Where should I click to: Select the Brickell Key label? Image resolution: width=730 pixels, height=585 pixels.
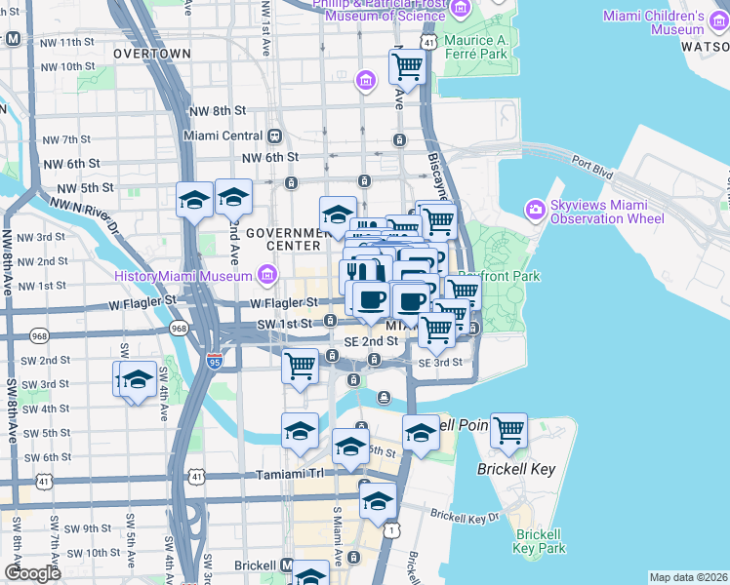point(516,469)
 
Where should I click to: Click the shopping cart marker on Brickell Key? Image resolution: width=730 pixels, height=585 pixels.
point(509,430)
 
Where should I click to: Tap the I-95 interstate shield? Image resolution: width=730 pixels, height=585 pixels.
point(215,360)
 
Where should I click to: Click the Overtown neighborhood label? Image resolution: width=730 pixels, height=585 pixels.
point(152,54)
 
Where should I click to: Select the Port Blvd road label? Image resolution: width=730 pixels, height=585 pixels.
point(591,168)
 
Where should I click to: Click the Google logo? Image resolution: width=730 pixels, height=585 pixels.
point(32,573)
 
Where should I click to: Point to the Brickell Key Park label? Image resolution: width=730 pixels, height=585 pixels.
point(540,541)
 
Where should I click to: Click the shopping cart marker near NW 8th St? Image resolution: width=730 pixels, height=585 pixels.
point(406,67)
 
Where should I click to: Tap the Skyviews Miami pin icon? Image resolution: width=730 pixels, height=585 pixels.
point(535,209)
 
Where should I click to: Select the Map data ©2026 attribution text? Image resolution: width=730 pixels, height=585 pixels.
point(689,577)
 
